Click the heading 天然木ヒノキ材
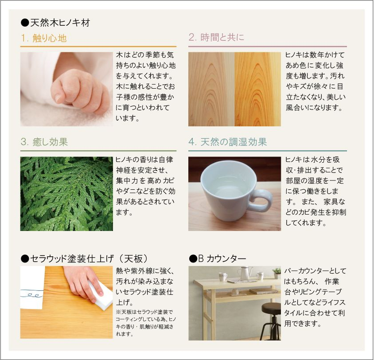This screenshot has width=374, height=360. click(60, 23)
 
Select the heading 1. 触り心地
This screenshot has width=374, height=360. click(44, 38)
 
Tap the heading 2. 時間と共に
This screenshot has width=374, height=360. click(216, 37)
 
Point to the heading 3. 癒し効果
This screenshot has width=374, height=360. click(44, 142)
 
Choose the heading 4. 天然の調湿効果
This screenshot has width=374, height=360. click(228, 142)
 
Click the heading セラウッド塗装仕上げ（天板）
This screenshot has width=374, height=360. click(89, 258)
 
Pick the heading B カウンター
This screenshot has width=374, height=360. click(222, 258)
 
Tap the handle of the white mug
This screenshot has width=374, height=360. click(261, 200)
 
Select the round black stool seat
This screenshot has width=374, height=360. click(271, 308)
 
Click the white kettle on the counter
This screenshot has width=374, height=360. click(245, 273)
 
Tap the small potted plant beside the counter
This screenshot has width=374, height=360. click(277, 273)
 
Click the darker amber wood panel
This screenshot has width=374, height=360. click(257, 89)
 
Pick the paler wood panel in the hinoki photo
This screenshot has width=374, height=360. click(211, 89)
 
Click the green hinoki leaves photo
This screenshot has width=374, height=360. click(66, 194)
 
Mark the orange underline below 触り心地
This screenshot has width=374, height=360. click(98, 47)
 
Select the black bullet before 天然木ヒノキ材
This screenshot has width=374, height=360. click(25, 23)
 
